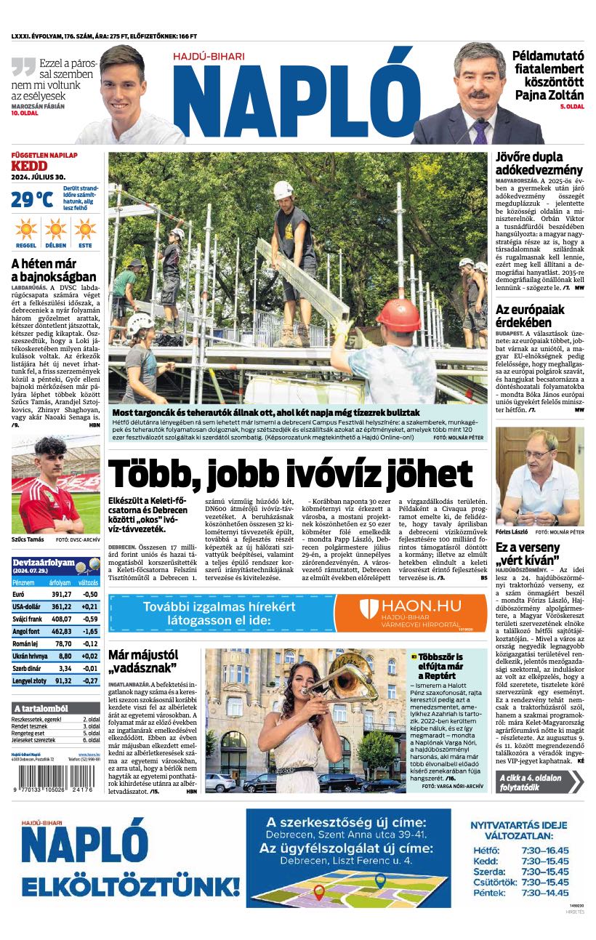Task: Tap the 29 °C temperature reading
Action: pos(31,199)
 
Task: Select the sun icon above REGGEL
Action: pos(25,229)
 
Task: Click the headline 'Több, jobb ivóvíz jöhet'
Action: pos(290,474)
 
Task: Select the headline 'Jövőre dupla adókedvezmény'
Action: pos(539,163)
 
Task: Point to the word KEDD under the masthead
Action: pos(28,166)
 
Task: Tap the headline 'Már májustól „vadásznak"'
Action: pos(142,662)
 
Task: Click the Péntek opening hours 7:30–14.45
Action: pos(544,892)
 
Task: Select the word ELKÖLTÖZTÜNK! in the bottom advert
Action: pos(130,887)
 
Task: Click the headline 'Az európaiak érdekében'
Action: pos(529,316)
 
